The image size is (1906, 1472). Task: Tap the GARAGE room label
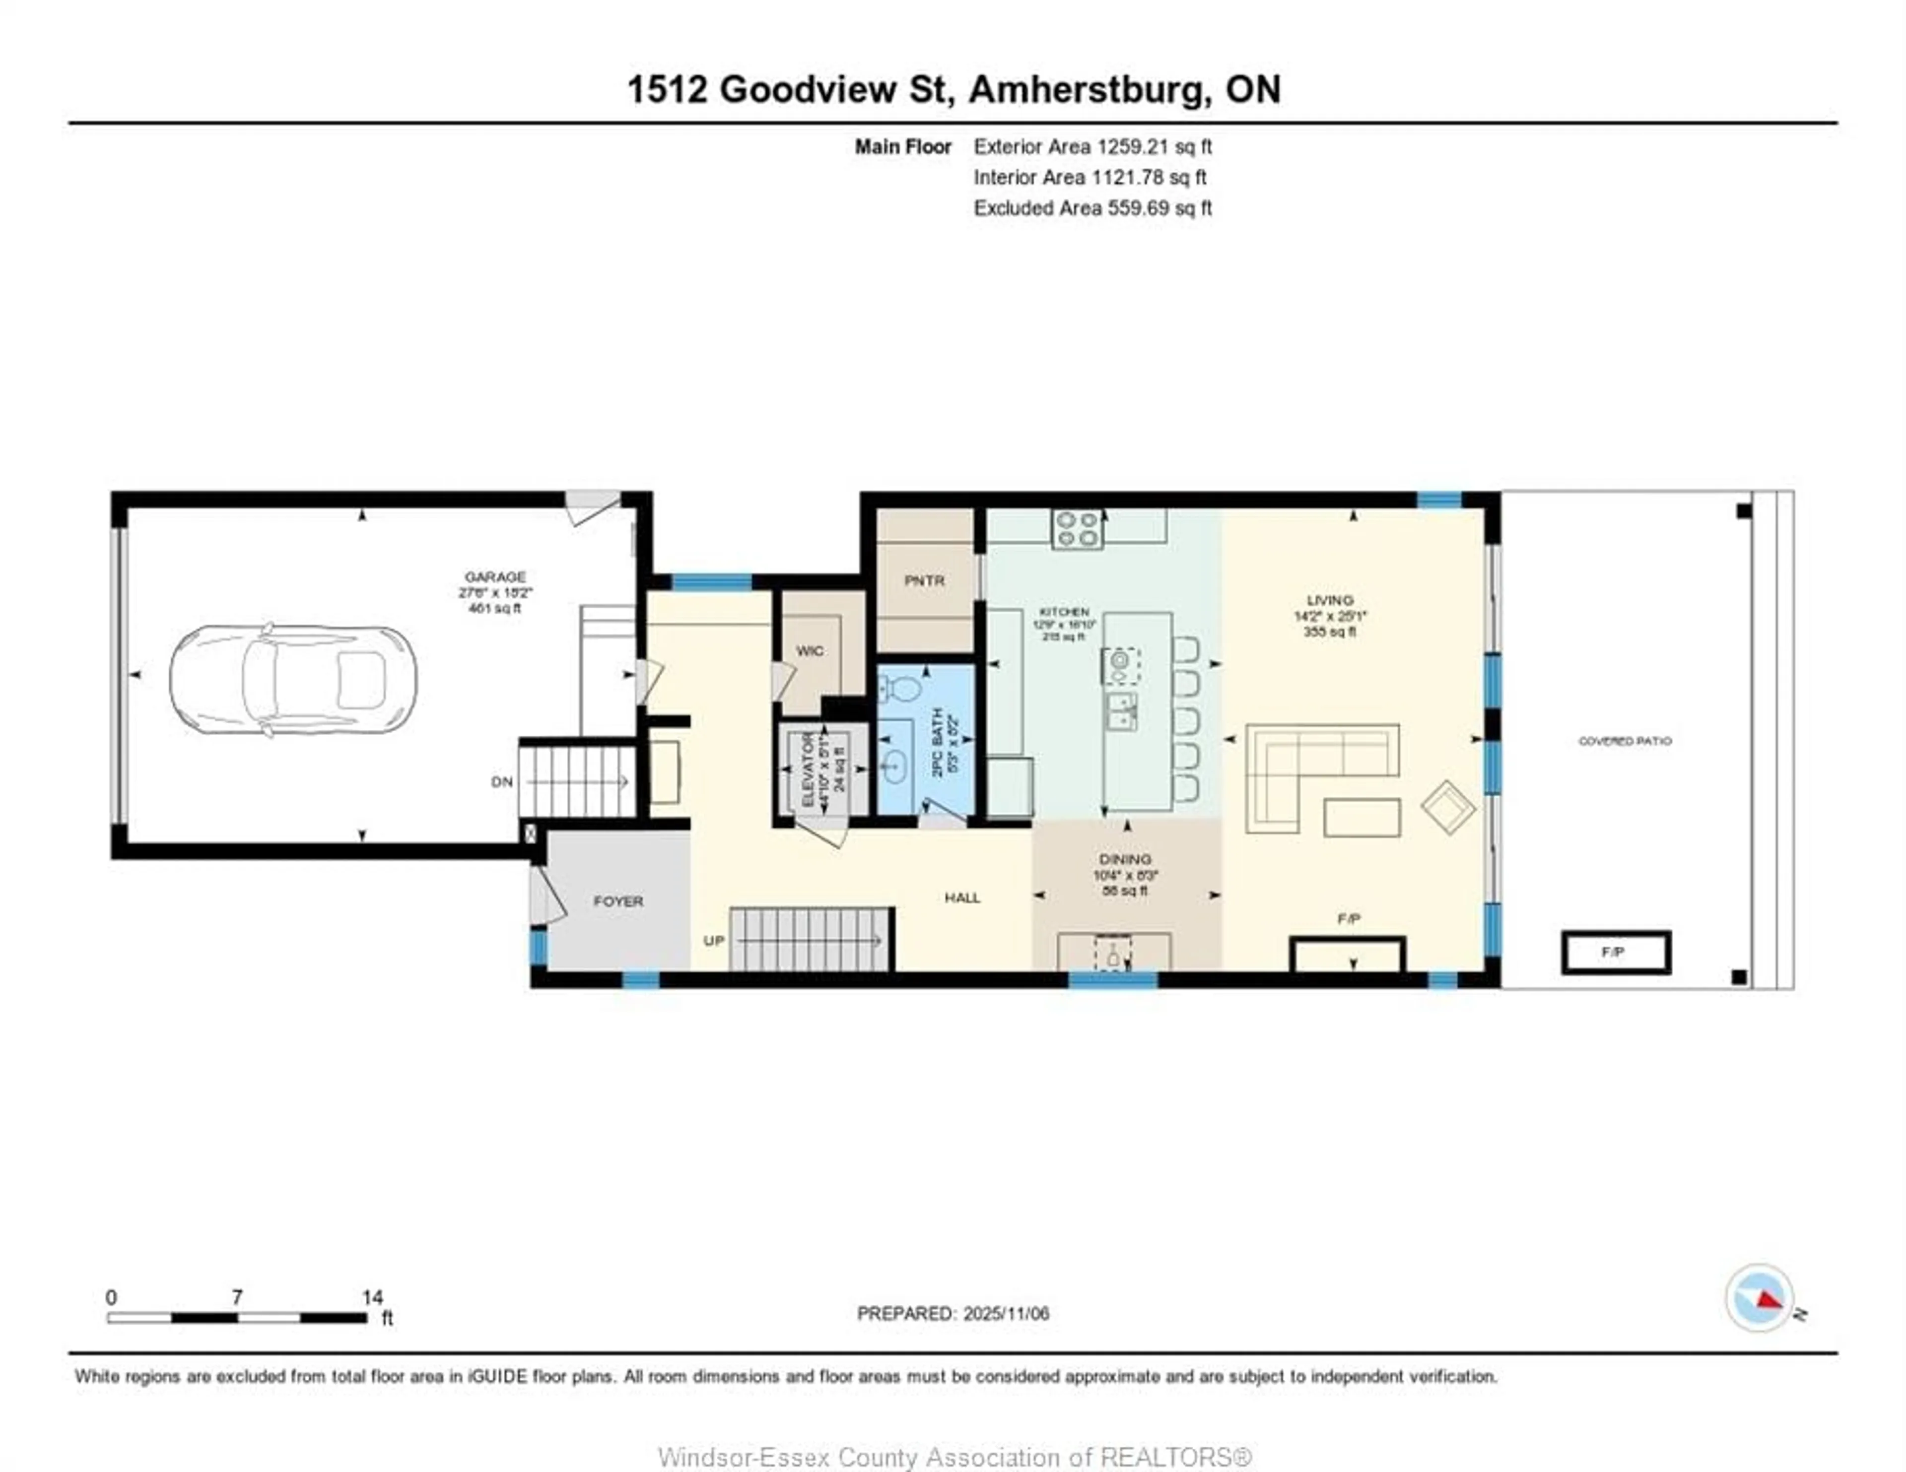(495, 577)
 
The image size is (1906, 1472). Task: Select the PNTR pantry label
(924, 580)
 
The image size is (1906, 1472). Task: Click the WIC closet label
(810, 651)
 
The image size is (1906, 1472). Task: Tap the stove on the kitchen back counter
(1078, 528)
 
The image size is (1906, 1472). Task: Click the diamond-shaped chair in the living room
(1448, 807)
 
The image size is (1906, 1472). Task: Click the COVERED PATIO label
(1625, 741)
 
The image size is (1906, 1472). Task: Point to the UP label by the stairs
(714, 941)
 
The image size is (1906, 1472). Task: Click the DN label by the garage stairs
(502, 782)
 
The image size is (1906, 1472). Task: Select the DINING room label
(1125, 859)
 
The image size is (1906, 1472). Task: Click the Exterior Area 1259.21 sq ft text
(1092, 146)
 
